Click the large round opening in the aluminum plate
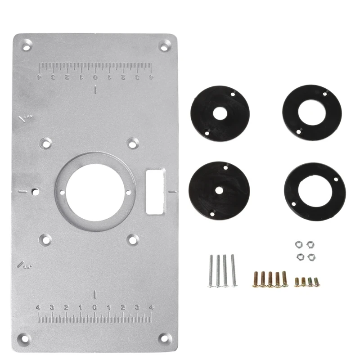95,192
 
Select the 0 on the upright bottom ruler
95,308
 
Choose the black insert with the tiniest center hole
220,189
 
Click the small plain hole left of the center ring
34,192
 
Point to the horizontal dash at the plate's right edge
171,192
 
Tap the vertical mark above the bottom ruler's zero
95,295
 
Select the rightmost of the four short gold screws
316,282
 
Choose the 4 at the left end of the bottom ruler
39,308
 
